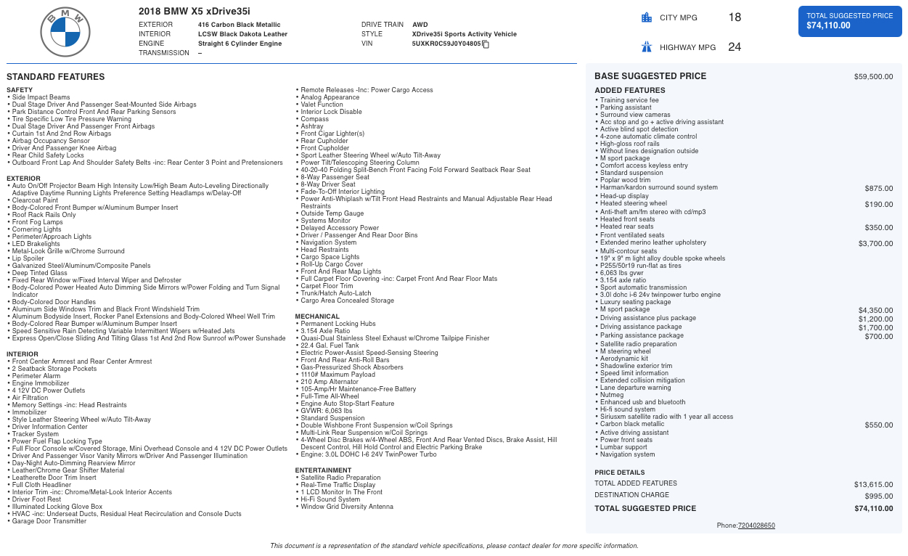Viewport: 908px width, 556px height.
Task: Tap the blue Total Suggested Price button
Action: click(x=850, y=20)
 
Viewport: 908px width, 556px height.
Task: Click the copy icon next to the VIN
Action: click(x=486, y=44)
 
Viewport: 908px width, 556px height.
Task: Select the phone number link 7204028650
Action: click(x=756, y=526)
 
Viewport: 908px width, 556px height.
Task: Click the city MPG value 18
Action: click(x=735, y=17)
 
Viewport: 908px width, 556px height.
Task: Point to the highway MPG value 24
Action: click(x=735, y=47)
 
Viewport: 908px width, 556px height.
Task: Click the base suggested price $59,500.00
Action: click(x=873, y=76)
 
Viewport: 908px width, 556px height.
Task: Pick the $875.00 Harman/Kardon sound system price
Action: click(x=879, y=188)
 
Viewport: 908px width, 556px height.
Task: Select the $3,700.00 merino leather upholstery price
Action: click(x=875, y=243)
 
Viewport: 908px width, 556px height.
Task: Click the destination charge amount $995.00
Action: click(x=879, y=496)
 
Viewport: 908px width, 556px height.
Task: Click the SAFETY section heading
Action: click(x=20, y=90)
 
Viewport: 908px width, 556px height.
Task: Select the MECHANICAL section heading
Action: click(x=317, y=316)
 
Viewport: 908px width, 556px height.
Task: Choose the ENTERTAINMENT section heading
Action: click(x=323, y=470)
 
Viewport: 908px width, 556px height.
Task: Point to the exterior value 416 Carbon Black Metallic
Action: click(x=239, y=25)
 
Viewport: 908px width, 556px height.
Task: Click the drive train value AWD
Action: click(x=420, y=25)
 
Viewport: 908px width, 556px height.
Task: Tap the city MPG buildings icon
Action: click(x=647, y=18)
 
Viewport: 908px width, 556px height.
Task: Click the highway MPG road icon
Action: click(x=647, y=47)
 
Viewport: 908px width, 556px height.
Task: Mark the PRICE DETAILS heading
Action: click(x=619, y=472)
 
